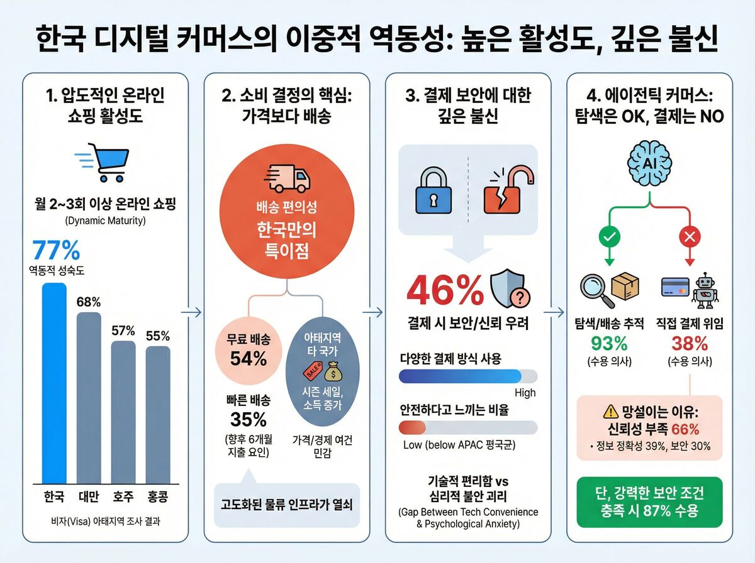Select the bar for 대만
(89, 396)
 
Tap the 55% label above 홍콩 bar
(158, 336)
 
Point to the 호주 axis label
(123, 496)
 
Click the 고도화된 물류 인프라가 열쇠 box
(287, 505)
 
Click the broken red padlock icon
(505, 190)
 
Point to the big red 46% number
(445, 290)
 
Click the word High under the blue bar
(525, 393)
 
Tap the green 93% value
(610, 344)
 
